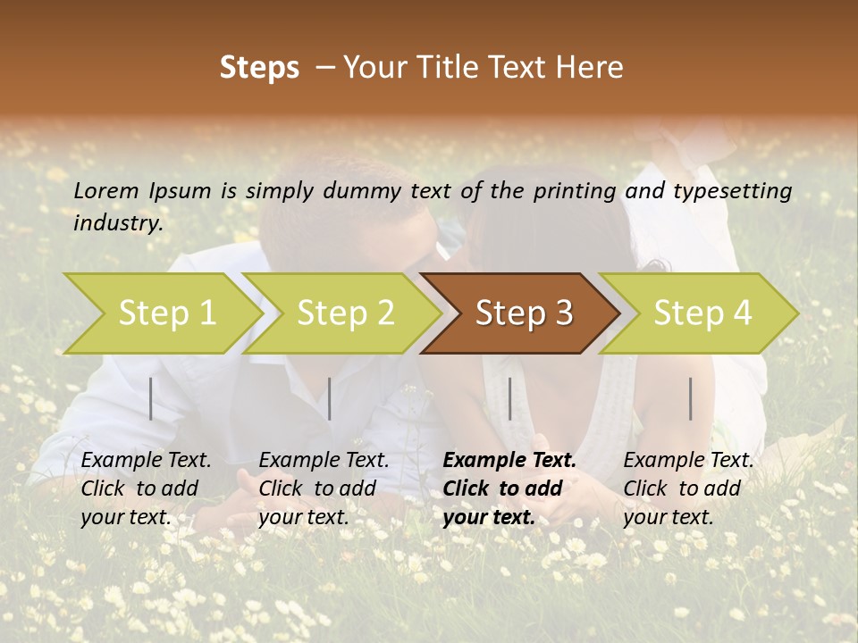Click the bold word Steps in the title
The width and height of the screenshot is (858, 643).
point(259,68)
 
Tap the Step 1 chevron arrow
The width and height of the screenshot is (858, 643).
point(166,313)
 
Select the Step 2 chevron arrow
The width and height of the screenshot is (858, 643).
point(345,313)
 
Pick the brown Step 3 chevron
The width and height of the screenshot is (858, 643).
point(523,313)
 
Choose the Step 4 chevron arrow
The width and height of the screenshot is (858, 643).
point(702,313)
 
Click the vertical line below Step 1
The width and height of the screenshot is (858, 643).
point(151,398)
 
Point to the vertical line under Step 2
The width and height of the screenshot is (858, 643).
point(330,398)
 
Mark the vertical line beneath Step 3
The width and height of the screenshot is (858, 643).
point(509,398)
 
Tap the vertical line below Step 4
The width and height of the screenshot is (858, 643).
point(691,398)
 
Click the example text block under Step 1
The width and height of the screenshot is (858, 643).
point(146,489)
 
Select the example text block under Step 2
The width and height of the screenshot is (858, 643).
point(324,489)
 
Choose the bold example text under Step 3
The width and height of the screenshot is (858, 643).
point(509,489)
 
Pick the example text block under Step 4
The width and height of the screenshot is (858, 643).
point(688,489)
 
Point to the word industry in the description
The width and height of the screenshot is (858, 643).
point(118,223)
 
